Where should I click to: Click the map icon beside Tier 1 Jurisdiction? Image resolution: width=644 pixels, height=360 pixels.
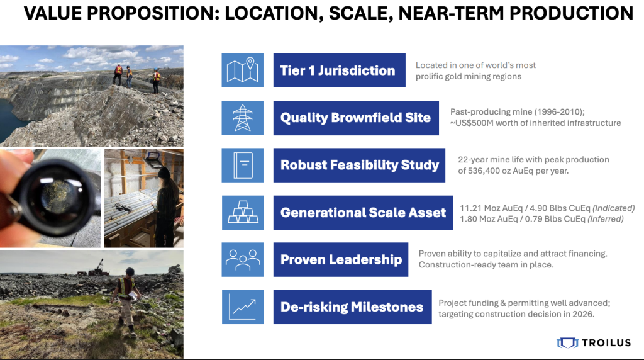tap(242, 70)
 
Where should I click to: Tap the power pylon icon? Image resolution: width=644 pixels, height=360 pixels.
tap(242, 118)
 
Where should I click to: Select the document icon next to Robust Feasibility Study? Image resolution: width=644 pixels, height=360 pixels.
tap(243, 165)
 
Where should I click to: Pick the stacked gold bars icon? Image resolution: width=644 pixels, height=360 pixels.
tap(243, 213)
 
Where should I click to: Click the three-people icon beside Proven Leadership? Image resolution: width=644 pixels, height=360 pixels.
tap(243, 259)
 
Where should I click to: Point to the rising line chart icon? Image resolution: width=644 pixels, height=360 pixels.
tap(243, 307)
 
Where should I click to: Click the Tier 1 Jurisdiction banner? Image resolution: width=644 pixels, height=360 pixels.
tap(339, 70)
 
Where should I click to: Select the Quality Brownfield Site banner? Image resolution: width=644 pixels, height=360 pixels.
tap(356, 118)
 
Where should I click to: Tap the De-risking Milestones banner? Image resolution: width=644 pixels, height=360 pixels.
tap(352, 307)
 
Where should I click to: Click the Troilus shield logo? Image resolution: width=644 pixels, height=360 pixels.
tap(567, 343)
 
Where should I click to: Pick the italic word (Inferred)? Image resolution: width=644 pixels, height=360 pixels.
tap(606, 219)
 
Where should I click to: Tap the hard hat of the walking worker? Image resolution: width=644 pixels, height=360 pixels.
tap(130, 271)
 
